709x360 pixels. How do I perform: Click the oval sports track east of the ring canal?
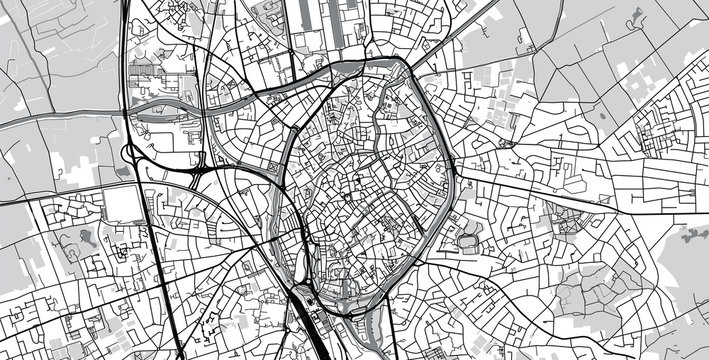(x=468, y=241)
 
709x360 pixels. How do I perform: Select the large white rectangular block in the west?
(x=121, y=204)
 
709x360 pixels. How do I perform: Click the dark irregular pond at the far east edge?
(x=694, y=237)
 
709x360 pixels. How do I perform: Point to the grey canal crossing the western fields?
(x=60, y=116)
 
